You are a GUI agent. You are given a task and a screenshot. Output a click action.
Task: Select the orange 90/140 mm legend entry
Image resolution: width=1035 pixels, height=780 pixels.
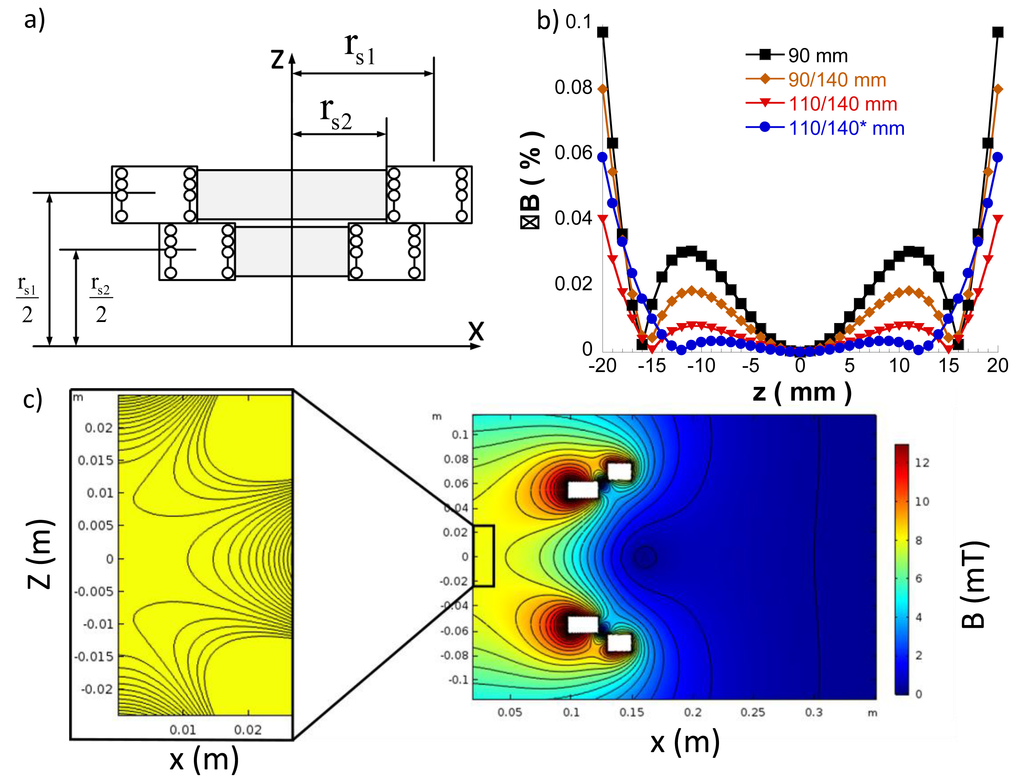tap(837, 80)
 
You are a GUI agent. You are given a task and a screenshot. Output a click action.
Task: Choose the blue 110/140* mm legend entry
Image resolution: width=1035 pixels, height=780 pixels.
tap(846, 128)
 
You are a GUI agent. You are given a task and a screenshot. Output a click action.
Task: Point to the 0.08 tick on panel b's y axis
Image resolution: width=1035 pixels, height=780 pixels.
tap(573, 88)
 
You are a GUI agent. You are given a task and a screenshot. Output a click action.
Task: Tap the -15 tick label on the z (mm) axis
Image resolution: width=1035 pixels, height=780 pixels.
tap(651, 365)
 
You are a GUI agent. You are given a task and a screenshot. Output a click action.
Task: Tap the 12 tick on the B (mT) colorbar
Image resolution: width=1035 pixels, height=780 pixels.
tap(922, 462)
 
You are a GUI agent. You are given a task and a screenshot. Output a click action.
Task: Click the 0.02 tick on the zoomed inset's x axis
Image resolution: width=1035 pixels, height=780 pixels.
tap(247, 729)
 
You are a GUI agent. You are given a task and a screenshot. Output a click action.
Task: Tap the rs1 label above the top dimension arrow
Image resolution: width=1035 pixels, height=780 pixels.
tap(360, 49)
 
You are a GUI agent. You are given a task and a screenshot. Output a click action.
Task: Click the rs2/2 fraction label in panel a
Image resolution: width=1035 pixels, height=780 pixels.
tap(101, 300)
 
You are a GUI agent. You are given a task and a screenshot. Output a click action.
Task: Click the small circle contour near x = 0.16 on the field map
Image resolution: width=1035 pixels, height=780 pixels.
tap(645, 557)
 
